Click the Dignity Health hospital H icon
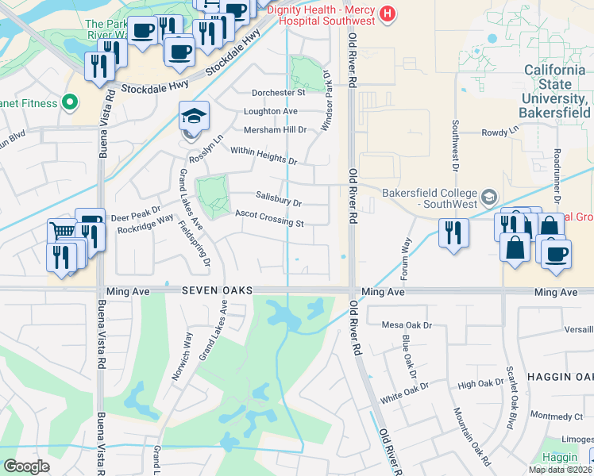point(387,13)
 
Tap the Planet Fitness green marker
point(69,102)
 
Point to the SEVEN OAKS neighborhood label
point(216,292)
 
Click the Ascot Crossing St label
point(269,217)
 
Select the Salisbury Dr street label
point(279,198)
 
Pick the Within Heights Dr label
point(263,155)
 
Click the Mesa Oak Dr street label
point(407,325)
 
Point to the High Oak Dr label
point(480,383)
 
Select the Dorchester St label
point(279,93)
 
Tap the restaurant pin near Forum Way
point(453,232)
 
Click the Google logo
point(27,466)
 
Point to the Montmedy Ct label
point(556,416)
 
